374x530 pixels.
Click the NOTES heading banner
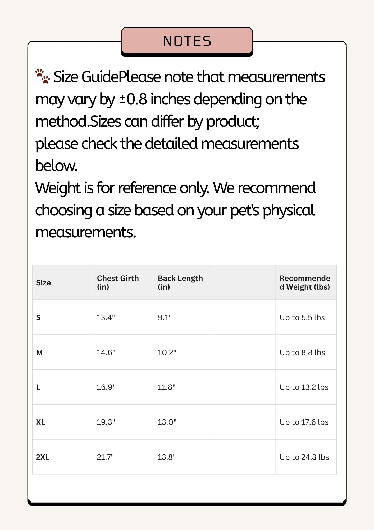(x=187, y=41)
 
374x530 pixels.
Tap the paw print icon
(x=43, y=76)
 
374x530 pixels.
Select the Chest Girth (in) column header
(x=118, y=282)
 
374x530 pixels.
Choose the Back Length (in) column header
(x=180, y=282)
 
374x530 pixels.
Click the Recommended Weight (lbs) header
(x=305, y=282)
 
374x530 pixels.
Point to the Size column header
(x=43, y=283)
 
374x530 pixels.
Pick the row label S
(x=38, y=317)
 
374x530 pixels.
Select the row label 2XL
(x=43, y=457)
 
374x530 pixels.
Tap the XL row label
(x=40, y=422)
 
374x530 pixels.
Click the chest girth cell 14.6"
(x=106, y=352)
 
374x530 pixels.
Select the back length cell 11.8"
(x=166, y=387)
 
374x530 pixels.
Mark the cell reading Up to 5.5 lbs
(x=302, y=317)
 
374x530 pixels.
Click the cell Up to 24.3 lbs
(x=304, y=457)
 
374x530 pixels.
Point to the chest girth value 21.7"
(x=105, y=457)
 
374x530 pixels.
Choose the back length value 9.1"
(x=165, y=317)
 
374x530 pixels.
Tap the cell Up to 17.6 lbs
(x=304, y=422)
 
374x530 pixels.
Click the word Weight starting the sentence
(x=58, y=188)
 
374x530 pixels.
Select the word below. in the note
(x=56, y=166)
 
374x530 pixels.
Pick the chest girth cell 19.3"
(x=106, y=422)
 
